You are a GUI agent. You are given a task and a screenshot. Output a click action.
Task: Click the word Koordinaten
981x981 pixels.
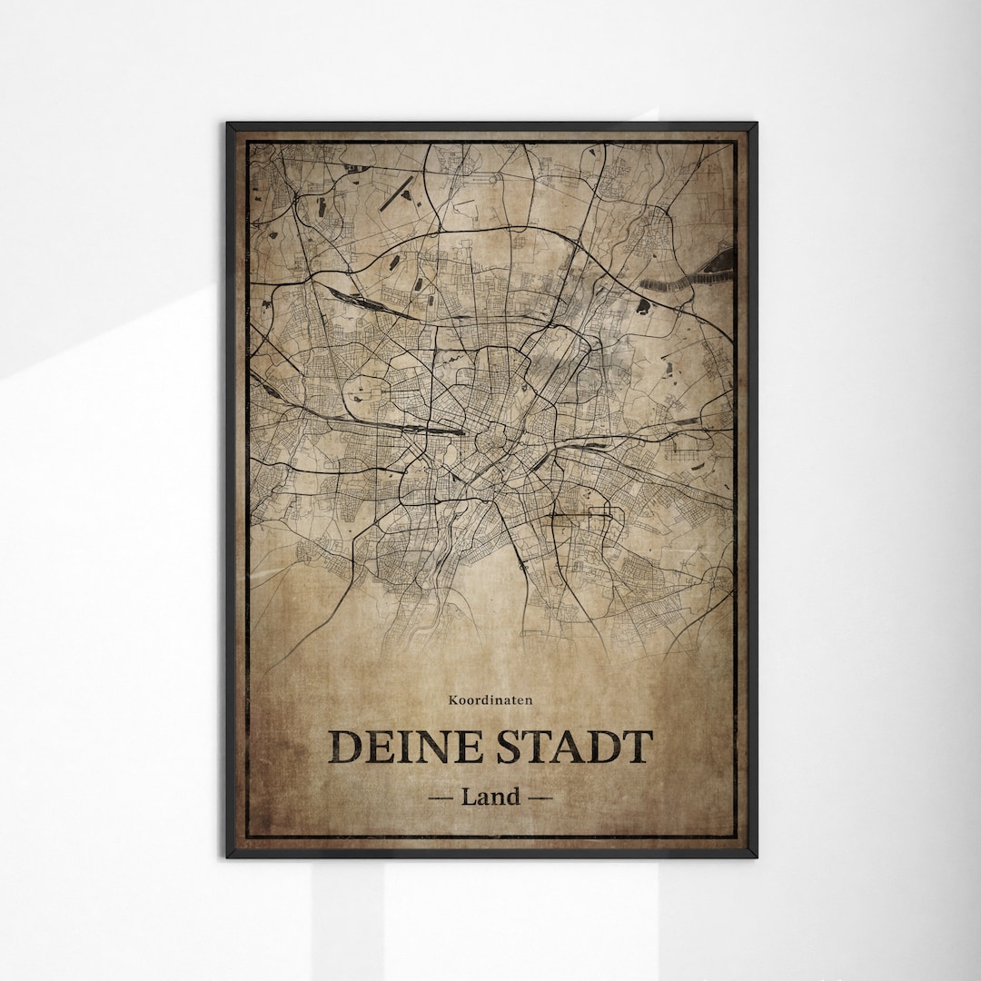[490, 699]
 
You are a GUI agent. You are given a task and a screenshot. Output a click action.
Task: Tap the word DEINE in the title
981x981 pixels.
[406, 747]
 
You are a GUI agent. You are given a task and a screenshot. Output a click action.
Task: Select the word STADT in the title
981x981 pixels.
[574, 747]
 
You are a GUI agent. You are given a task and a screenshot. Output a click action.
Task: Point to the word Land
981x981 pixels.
[490, 797]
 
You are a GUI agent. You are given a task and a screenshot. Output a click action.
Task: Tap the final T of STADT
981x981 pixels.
[637, 747]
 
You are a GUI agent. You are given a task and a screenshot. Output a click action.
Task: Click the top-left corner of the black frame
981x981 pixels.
[228, 124]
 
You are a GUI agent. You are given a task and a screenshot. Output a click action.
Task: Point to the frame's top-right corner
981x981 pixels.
[755, 124]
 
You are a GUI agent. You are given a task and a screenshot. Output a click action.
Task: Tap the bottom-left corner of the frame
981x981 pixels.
[228, 855]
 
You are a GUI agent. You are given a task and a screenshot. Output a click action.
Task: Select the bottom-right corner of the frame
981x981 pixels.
[755, 855]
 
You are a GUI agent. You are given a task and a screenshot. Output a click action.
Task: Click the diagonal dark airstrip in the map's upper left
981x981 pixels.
[396, 191]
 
